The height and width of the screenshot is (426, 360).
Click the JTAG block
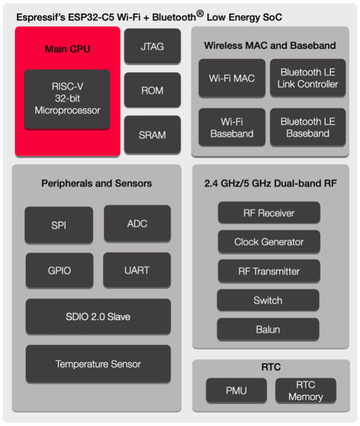click(x=152, y=47)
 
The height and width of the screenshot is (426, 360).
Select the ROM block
click(x=152, y=91)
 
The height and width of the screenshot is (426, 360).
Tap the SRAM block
click(x=152, y=134)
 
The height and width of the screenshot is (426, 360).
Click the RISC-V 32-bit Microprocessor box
click(x=67, y=99)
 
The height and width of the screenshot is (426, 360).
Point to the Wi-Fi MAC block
click(x=232, y=78)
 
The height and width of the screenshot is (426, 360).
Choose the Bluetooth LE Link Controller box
click(x=307, y=78)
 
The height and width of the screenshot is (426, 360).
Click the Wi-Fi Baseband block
click(x=232, y=127)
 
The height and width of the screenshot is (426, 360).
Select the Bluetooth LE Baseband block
click(x=307, y=127)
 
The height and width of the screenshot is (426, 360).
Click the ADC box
click(x=137, y=223)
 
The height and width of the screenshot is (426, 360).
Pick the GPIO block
click(x=59, y=270)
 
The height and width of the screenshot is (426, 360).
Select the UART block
click(x=137, y=269)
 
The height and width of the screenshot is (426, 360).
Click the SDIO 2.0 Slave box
click(x=98, y=317)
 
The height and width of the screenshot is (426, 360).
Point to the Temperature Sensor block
click(x=98, y=364)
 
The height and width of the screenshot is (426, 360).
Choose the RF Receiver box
click(x=268, y=213)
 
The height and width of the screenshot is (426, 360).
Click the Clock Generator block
click(x=268, y=242)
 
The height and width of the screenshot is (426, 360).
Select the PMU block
click(x=236, y=391)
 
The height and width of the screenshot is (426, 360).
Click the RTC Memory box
click(x=305, y=391)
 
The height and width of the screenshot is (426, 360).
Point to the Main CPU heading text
click(x=67, y=49)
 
